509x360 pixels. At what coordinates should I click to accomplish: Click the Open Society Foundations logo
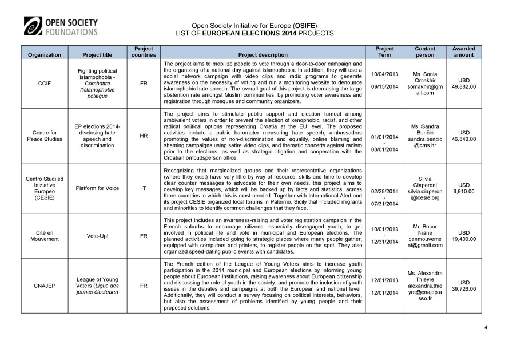click(61, 26)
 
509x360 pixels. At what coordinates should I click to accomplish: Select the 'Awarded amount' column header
click(463, 52)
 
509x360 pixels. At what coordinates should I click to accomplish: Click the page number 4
click(486, 327)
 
